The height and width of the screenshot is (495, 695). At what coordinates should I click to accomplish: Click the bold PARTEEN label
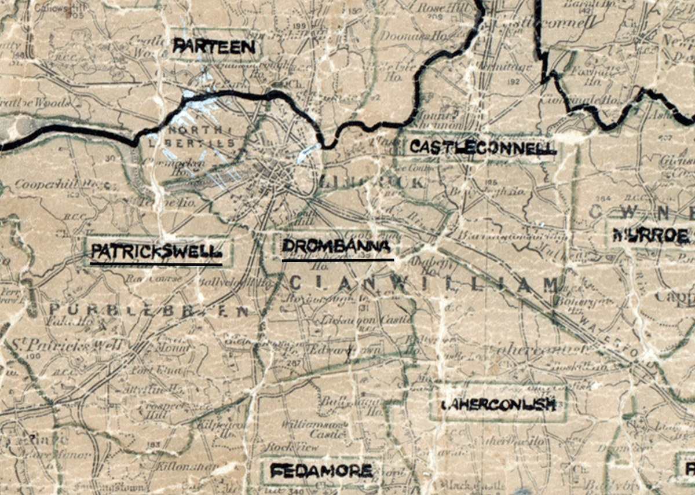pos(214,47)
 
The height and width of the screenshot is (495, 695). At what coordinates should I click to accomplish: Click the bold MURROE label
pos(650,236)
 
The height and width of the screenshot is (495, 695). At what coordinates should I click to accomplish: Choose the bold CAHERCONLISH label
pos(498,404)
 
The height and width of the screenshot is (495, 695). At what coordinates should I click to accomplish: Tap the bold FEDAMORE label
pos(321,471)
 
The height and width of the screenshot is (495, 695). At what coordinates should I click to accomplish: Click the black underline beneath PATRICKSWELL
pos(156,265)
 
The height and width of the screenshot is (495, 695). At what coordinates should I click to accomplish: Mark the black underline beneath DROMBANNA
pos(338,260)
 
